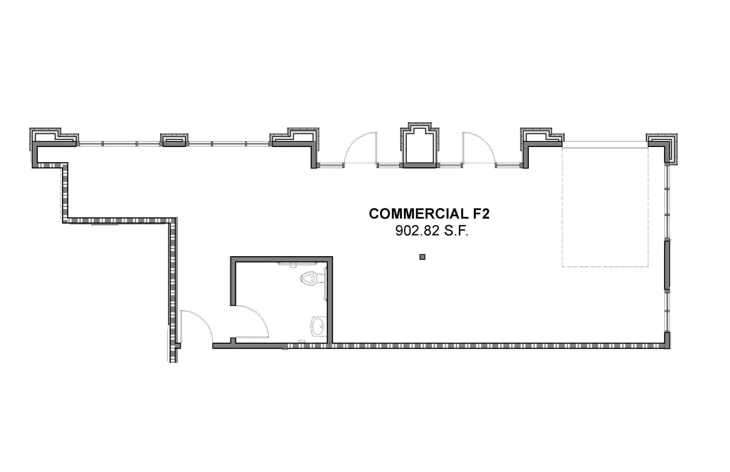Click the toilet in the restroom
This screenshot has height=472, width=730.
coord(311,278)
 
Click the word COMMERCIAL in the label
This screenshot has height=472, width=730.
coord(419,214)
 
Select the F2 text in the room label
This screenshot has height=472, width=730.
coord(481,214)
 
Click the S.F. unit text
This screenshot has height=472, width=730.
coord(457,231)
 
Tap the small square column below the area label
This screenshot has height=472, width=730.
coord(422,257)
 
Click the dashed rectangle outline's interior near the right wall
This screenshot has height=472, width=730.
coord(605,207)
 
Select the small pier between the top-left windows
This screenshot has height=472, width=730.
coord(174,140)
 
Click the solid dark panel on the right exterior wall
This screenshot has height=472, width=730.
coord(667,265)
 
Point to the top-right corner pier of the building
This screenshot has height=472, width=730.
coord(662,149)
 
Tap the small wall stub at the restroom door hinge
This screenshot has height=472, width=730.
coord(233,341)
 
